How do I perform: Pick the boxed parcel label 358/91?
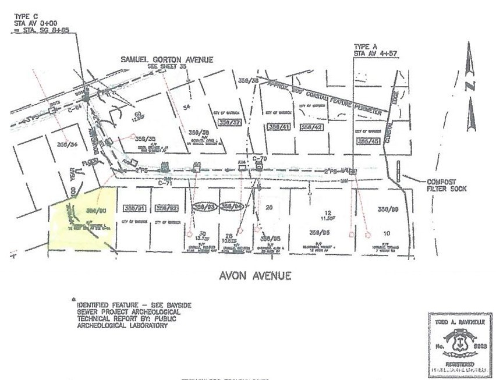click(134, 208)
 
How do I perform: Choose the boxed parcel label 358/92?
click(166, 208)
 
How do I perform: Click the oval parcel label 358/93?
click(203, 207)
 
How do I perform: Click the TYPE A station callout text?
click(371, 49)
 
